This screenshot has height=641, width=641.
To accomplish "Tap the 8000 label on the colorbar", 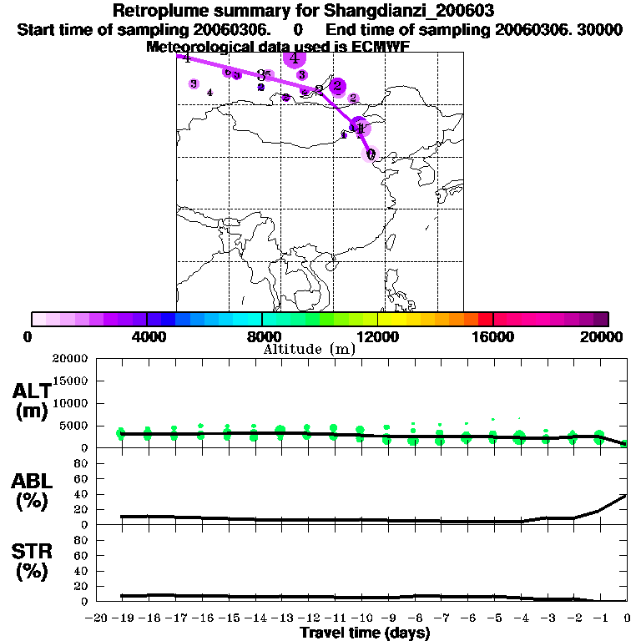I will (261, 336).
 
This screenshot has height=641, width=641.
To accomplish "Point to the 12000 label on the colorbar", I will (378, 336).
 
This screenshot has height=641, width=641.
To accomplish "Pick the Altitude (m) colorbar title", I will (309, 349).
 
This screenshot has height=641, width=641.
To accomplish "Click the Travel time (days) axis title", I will (365, 633).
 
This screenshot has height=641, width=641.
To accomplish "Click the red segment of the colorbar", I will (485, 319).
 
